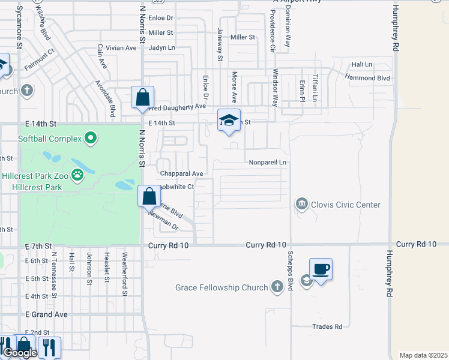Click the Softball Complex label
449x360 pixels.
(x=50, y=139)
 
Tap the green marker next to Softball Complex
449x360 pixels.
(x=91, y=139)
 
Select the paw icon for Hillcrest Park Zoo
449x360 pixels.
(x=77, y=175)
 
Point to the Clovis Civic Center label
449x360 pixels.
(x=345, y=205)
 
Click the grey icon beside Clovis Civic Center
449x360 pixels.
(x=301, y=205)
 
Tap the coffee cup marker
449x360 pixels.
(x=321, y=269)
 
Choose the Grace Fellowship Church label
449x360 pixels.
(x=221, y=287)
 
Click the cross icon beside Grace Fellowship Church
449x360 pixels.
(x=277, y=287)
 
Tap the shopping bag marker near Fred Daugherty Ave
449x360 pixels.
(x=143, y=97)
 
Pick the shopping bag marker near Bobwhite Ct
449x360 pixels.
(x=149, y=196)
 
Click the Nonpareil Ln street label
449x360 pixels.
(x=267, y=162)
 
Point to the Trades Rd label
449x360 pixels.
(x=327, y=326)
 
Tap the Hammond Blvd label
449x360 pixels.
(x=368, y=78)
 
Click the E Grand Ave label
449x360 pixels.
(x=46, y=314)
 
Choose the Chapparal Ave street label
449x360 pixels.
(x=181, y=173)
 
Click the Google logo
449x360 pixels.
(x=19, y=353)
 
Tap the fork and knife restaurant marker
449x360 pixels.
(x=49, y=346)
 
